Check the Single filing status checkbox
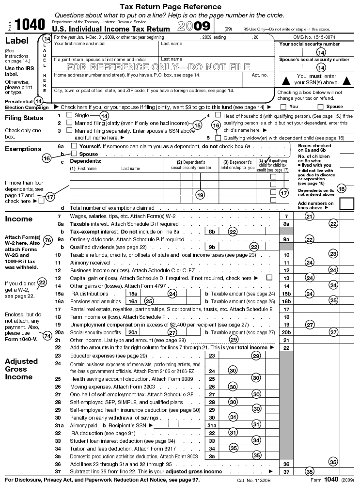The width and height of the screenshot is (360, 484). pos(69,115)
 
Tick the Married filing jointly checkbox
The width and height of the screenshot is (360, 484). pos(69,123)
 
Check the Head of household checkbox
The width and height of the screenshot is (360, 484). pos(218,115)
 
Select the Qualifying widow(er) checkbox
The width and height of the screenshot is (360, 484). pos(218,138)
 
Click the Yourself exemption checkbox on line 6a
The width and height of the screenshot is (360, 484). pos(74,146)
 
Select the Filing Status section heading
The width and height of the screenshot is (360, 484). pos(24,118)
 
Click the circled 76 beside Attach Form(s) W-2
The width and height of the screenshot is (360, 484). pos(47,240)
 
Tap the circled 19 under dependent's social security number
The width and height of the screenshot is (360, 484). pos(200,194)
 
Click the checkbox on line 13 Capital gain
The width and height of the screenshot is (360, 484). pos(269,278)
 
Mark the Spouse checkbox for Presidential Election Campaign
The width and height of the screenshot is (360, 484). pos(320,107)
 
